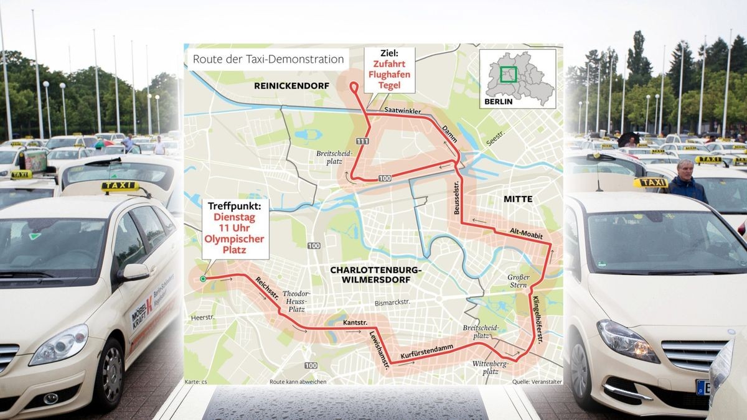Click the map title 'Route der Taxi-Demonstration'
(268, 59)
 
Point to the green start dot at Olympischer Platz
(203, 279)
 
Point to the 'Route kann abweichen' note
(298, 381)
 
